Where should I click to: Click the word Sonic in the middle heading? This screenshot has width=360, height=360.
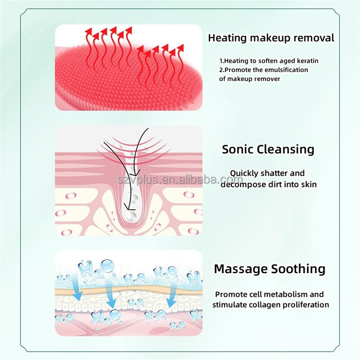238,149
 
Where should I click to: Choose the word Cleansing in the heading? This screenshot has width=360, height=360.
285,150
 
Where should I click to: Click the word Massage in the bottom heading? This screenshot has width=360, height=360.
240,269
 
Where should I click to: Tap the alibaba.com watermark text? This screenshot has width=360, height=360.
180,180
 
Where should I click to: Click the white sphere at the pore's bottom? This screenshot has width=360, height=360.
131,216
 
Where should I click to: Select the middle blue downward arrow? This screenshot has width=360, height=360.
110,296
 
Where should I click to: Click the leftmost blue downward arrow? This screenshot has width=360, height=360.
77,287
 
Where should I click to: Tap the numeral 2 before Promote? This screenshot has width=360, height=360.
221,70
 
